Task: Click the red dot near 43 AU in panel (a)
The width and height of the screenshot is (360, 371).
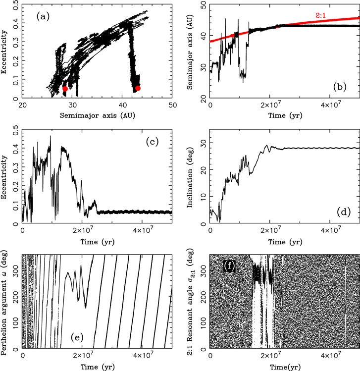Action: click(x=138, y=88)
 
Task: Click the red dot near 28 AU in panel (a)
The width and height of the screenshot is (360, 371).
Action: click(x=65, y=89)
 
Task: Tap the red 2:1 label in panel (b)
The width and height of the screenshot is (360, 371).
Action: click(x=321, y=16)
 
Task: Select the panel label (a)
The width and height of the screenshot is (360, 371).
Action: click(x=43, y=16)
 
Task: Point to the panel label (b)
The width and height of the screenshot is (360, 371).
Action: click(x=340, y=87)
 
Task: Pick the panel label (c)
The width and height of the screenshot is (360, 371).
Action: click(x=152, y=142)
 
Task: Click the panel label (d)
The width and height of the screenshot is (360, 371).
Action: click(x=344, y=212)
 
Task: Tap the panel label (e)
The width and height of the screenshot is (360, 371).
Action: click(x=77, y=337)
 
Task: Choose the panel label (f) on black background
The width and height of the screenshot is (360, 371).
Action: click(x=229, y=266)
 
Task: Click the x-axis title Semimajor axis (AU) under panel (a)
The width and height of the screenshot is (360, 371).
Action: click(x=97, y=115)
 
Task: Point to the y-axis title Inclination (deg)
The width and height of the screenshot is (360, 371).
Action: click(x=190, y=178)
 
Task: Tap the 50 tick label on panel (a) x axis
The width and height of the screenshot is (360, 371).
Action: click(x=173, y=105)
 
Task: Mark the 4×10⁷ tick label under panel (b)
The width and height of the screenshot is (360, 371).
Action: click(x=330, y=105)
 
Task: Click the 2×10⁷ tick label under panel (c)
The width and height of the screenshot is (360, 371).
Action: click(x=82, y=230)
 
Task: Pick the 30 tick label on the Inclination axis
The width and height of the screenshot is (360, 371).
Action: click(x=204, y=143)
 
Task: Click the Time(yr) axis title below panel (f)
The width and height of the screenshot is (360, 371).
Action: click(x=285, y=367)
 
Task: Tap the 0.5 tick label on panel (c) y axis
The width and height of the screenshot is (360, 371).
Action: click(x=15, y=130)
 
